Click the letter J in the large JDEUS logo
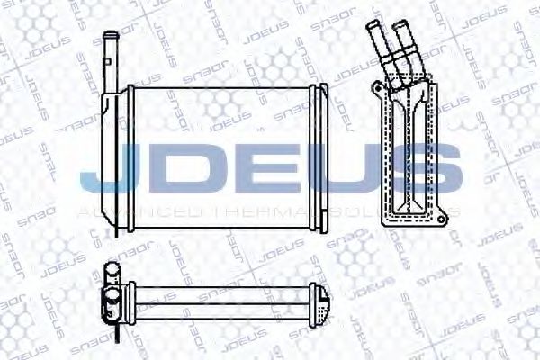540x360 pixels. pyautogui.click(x=106, y=171)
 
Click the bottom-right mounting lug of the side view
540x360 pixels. pyautogui.click(x=440, y=217)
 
